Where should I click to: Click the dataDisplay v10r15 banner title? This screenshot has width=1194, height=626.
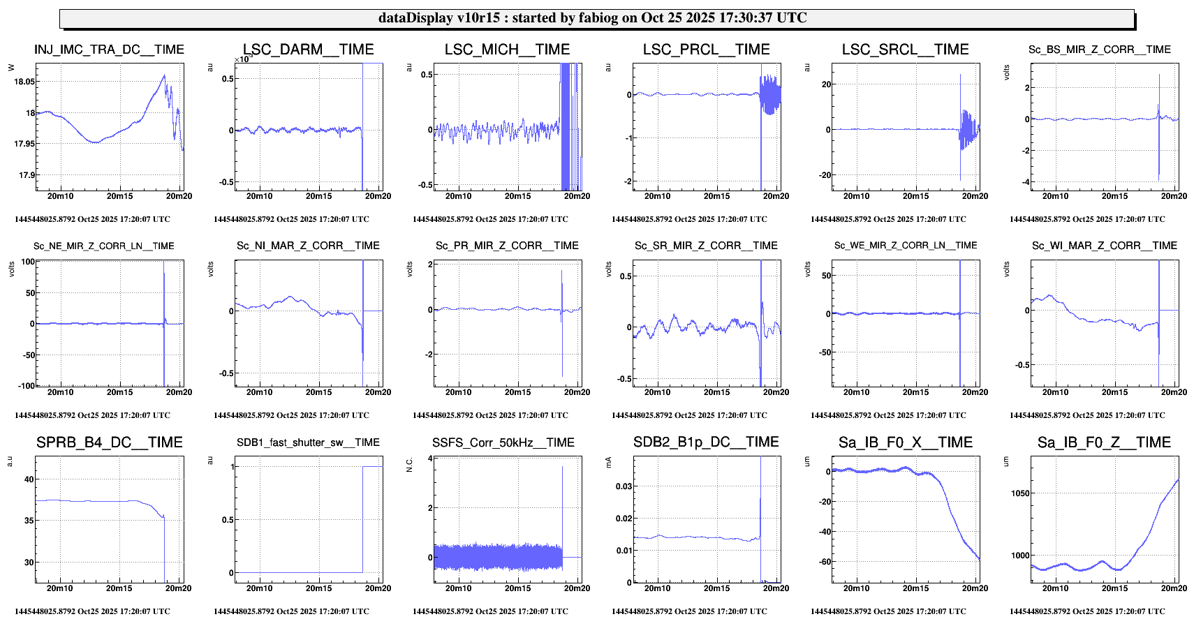[x=592, y=18]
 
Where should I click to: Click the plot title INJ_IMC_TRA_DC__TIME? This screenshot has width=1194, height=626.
[x=109, y=50]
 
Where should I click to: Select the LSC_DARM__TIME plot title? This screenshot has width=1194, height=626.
[x=308, y=50]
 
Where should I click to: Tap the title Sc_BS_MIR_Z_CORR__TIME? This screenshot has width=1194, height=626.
[x=1099, y=50]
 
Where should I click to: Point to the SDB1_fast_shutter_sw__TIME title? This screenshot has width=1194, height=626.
[x=308, y=442]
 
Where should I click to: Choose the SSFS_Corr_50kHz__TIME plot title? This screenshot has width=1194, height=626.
[x=503, y=442]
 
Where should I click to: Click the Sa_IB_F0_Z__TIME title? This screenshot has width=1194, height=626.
[x=1103, y=442]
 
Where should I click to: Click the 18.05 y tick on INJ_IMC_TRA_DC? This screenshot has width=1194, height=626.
[x=24, y=82]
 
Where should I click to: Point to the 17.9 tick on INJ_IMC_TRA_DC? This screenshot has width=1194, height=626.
[x=27, y=175]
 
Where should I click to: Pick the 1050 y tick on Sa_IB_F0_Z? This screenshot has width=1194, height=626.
[x=1020, y=493]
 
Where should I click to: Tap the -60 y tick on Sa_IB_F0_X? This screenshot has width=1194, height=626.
[x=823, y=562]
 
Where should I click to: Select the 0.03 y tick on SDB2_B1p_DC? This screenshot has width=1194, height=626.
[x=624, y=486]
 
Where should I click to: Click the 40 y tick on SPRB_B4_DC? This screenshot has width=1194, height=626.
[x=29, y=479]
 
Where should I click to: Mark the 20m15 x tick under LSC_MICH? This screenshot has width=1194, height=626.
[x=517, y=196]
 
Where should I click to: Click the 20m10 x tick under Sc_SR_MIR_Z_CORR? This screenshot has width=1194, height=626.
[x=657, y=392]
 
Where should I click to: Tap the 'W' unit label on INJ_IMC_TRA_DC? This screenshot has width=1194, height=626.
[x=11, y=68]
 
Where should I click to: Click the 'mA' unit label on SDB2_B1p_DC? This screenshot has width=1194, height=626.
[x=608, y=461]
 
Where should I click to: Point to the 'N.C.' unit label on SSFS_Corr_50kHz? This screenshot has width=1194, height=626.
[x=410, y=464]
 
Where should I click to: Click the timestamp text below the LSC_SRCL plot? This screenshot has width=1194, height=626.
[x=888, y=219]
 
